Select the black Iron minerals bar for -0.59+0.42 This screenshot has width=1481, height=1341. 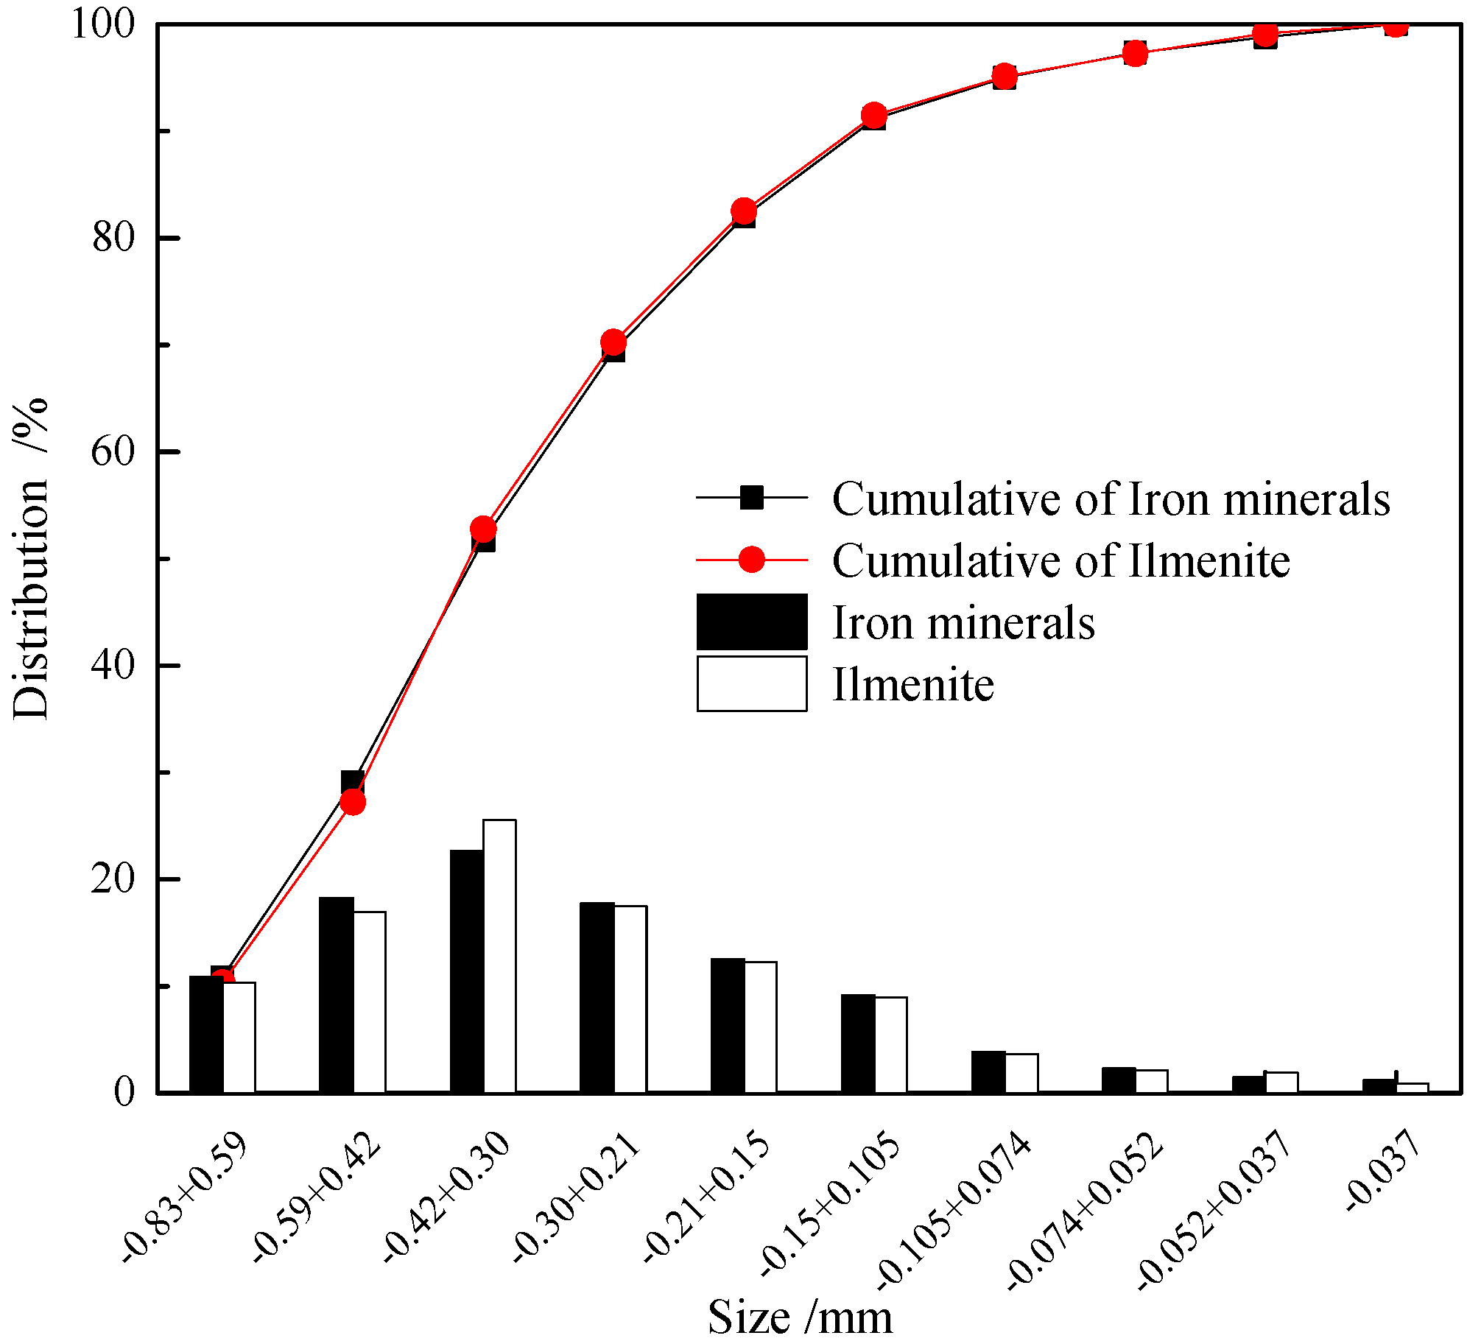click(336, 994)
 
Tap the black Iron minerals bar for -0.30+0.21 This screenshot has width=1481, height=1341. click(597, 997)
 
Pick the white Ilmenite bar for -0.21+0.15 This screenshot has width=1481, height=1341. click(761, 1027)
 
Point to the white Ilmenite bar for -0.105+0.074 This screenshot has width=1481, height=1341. click(1021, 1073)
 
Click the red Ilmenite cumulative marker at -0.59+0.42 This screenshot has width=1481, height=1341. click(353, 802)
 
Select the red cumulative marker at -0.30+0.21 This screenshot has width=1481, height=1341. click(613, 342)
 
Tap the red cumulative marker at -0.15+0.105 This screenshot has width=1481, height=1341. click(874, 116)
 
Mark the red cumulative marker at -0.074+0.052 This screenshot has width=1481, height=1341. click(1135, 53)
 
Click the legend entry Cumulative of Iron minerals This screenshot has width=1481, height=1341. click(1111, 499)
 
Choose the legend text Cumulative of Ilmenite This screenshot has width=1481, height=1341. click(1060, 561)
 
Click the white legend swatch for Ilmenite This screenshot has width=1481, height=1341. click(752, 684)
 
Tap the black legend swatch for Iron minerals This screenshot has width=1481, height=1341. click(752, 622)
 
